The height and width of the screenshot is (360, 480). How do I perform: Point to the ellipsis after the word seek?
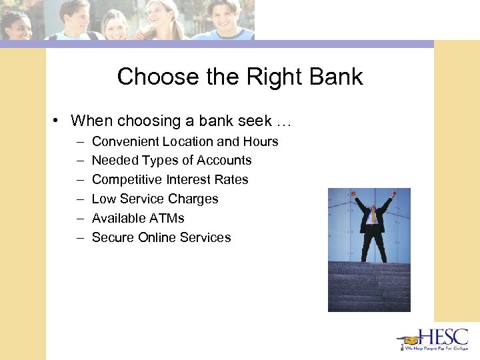pos(285,121)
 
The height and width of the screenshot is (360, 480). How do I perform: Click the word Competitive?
pos(126,180)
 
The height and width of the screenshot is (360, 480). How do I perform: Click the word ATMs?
pos(167,218)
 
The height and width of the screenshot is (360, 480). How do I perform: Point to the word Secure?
pos(112,237)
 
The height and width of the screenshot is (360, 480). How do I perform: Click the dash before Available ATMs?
pos(79,218)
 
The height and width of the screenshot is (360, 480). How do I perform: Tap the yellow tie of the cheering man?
pos(374,215)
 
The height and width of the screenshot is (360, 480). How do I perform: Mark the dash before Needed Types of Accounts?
pos(79,161)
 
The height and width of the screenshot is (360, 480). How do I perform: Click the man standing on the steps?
pos(373,227)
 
